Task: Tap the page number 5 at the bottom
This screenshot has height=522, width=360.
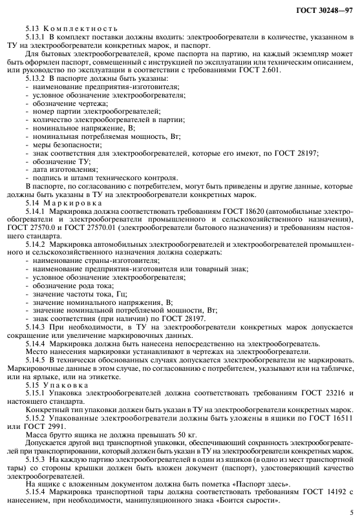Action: pos(350,514)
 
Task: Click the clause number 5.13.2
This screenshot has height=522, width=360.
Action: pos(37,78)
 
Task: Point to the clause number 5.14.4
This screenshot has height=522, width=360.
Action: pos(37,344)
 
